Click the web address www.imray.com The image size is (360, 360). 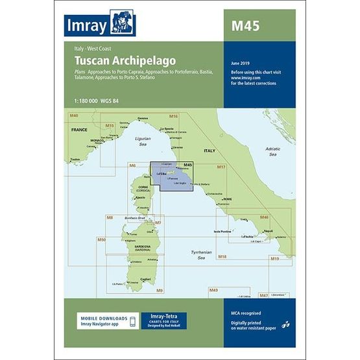point(244,78)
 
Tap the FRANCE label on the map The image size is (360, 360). point(79,130)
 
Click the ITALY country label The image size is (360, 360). point(210,150)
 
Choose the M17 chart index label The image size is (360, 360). point(221,167)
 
